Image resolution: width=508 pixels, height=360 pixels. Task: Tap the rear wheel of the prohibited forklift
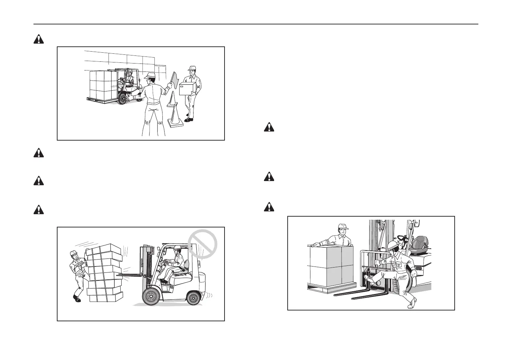tap(193, 298)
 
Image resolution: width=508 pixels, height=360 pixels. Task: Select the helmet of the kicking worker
tap(393, 246)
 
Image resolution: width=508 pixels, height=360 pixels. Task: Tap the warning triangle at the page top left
tap(39, 39)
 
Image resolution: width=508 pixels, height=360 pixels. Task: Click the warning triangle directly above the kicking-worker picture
tap(268, 207)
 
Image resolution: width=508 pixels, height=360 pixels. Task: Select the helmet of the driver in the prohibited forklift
tap(177, 248)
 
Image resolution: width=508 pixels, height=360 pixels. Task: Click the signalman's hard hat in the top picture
tap(150, 75)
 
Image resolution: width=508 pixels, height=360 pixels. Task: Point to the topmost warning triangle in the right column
tap(268, 127)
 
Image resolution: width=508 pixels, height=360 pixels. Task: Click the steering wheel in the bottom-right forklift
tap(402, 238)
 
